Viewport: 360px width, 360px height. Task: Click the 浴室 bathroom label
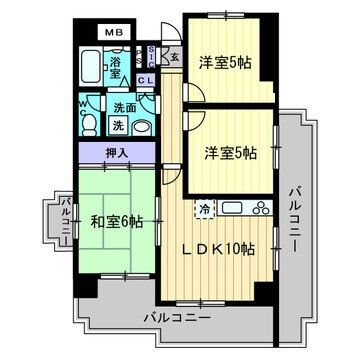(x=117, y=69)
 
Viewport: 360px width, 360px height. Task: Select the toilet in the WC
(x=88, y=124)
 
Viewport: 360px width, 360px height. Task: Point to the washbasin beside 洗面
(x=141, y=125)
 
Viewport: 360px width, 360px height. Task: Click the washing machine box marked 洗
(x=118, y=125)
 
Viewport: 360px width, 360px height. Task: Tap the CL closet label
(x=145, y=80)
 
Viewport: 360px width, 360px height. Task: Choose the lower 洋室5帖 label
(x=231, y=154)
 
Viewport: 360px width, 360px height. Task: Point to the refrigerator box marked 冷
(x=203, y=210)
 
